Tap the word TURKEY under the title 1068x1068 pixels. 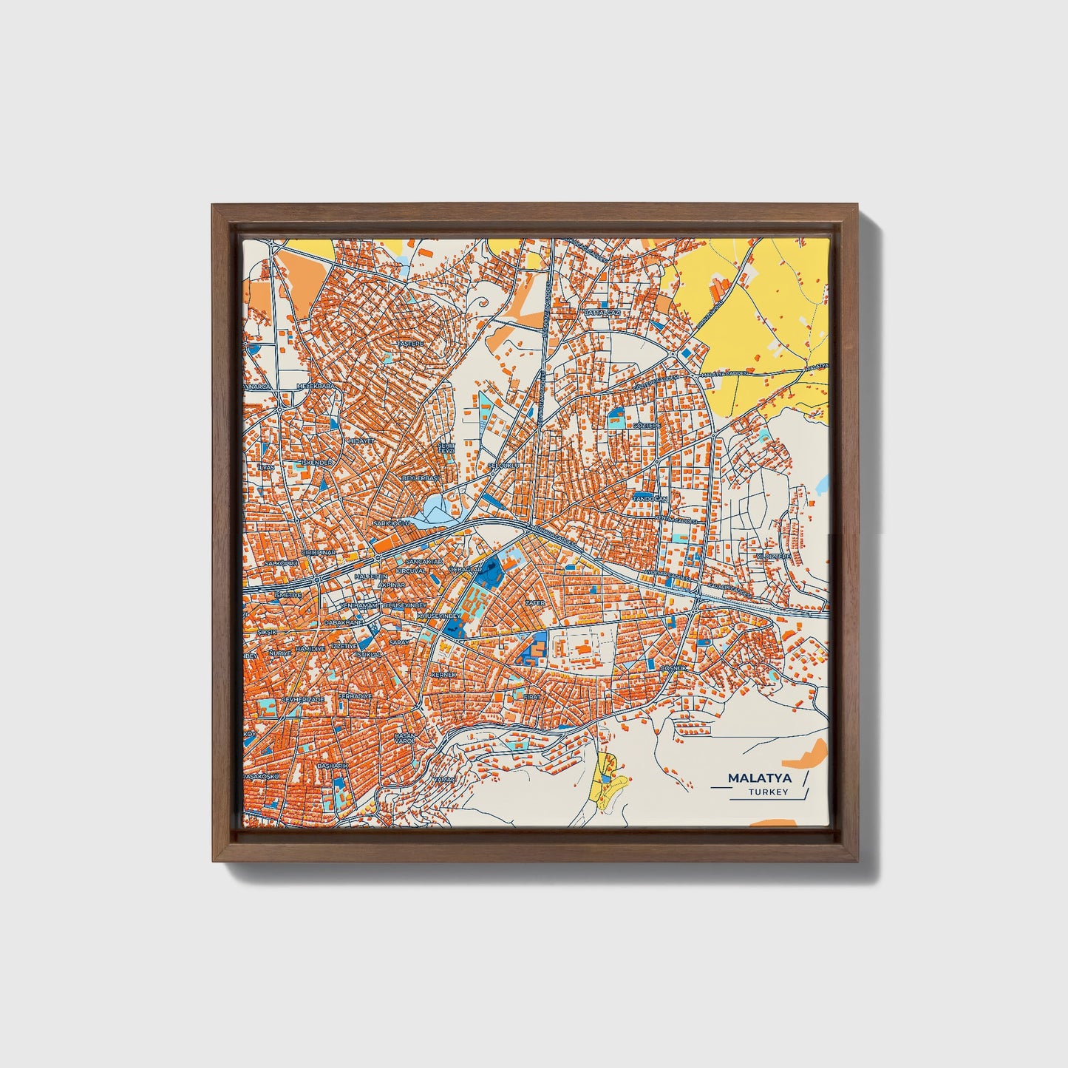tap(768, 792)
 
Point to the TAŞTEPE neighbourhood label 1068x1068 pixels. tap(412, 344)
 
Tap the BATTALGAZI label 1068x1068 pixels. tap(602, 313)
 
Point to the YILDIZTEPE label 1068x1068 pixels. tap(772, 555)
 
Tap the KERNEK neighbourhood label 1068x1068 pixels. tap(444, 675)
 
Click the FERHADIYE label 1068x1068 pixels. tap(354, 695)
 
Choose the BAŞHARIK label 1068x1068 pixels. tap(332, 766)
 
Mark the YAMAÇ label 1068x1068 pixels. tap(444, 780)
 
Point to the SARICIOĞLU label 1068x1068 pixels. tap(392, 523)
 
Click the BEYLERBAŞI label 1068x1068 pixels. tap(420, 478)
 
